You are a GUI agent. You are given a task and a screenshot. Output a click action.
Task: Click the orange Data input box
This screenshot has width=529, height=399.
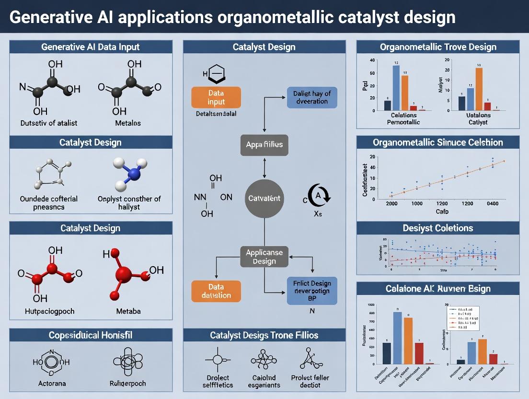click(x=216, y=96)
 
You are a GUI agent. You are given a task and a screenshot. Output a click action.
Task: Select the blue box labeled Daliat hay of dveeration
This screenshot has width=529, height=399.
click(x=311, y=97)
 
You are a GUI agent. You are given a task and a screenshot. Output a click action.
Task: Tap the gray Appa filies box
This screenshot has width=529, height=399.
click(x=264, y=144)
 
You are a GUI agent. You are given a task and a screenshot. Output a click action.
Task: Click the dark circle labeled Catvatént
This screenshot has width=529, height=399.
click(x=264, y=198)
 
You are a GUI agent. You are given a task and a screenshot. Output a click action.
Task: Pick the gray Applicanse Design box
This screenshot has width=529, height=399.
click(x=264, y=257)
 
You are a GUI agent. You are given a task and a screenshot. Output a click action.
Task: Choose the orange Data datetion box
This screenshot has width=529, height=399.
click(x=216, y=291)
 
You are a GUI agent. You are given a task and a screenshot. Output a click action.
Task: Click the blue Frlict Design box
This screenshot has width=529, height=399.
click(x=311, y=291)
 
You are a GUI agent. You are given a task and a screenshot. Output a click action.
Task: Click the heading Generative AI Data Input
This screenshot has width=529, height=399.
click(x=91, y=47)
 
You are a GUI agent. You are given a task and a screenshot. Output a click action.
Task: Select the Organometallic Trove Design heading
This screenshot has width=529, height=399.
click(x=438, y=47)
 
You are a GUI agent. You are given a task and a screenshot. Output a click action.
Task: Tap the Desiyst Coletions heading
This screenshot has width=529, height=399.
click(x=438, y=228)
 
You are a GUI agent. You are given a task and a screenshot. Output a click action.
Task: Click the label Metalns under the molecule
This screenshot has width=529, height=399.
click(x=128, y=123)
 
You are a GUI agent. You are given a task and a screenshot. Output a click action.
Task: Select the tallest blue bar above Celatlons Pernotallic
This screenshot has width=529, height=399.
click(x=396, y=88)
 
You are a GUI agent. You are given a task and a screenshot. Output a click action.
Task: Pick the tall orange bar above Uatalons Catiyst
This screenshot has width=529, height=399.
click(x=479, y=89)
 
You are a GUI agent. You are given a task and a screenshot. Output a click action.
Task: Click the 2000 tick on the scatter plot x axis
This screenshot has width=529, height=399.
click(x=391, y=203)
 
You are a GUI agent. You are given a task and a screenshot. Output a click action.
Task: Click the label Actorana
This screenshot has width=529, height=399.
click(x=53, y=384)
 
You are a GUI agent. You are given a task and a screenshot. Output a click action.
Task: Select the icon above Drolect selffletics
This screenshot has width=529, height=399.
click(x=217, y=360)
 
